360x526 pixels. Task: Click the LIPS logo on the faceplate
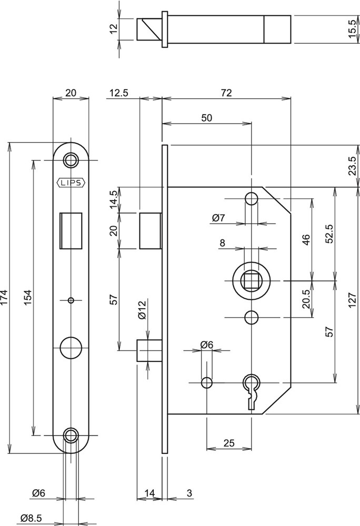[71, 183]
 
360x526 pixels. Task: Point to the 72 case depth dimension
[226, 93]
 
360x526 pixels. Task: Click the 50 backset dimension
[207, 118]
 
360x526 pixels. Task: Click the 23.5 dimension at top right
[353, 165]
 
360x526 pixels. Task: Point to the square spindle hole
[251, 281]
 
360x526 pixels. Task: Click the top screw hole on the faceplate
[71, 159]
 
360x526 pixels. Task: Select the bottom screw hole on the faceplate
[71, 434]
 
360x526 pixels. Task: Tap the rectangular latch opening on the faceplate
[71, 229]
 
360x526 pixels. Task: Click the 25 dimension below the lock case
[228, 443]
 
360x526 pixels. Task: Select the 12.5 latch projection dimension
[119, 93]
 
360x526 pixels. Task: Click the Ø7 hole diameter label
[218, 217]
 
